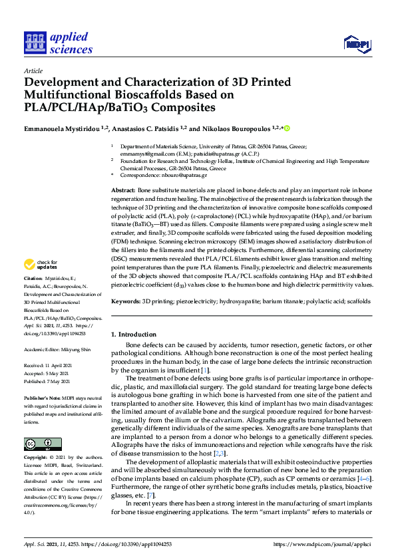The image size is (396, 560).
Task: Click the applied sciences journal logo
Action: (58, 42)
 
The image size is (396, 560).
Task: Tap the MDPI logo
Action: (357, 44)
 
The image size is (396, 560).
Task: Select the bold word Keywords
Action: (125, 301)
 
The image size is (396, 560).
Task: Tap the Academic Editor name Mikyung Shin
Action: (77, 348)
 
